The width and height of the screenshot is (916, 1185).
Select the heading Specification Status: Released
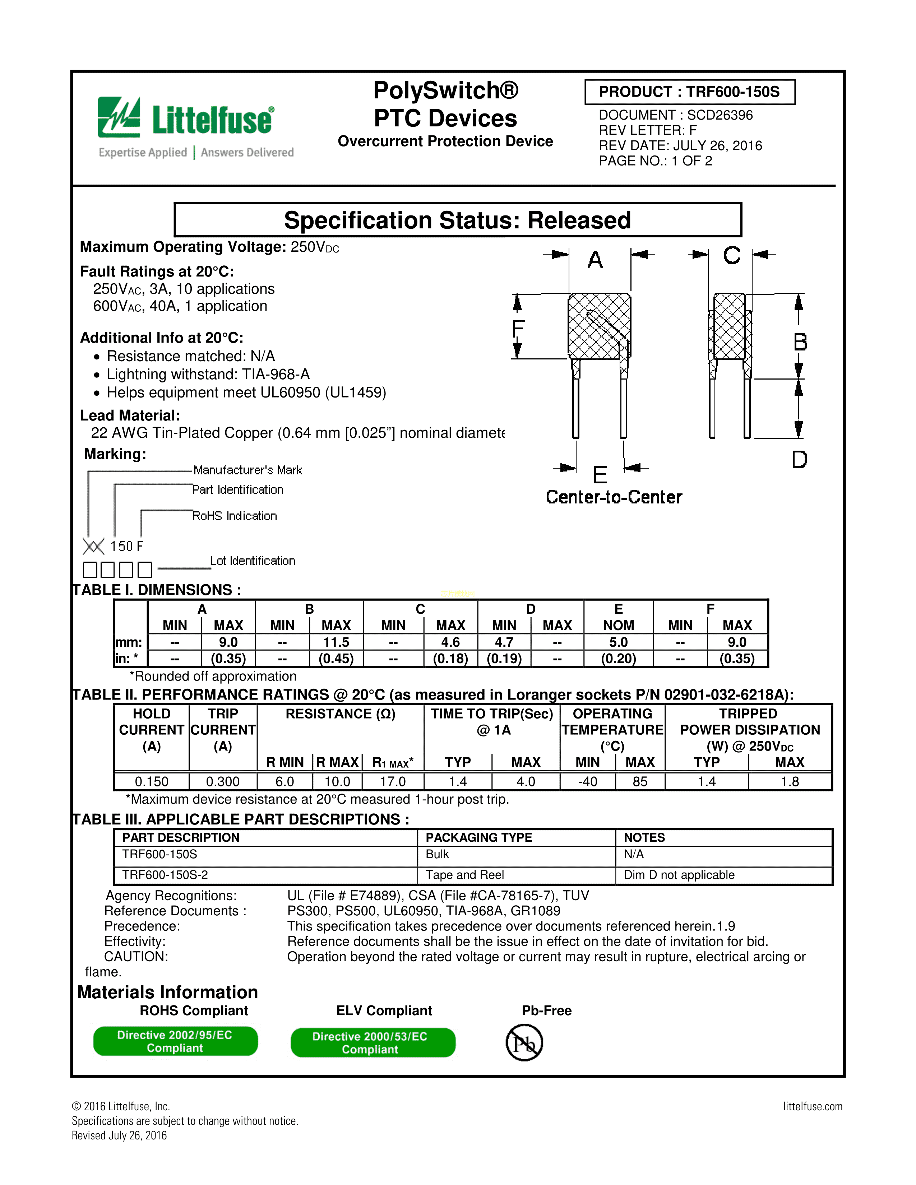[x=457, y=220]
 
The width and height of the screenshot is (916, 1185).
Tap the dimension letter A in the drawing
[x=595, y=260]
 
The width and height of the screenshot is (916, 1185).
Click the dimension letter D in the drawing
[x=799, y=460]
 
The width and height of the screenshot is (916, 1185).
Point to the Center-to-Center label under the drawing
[x=614, y=497]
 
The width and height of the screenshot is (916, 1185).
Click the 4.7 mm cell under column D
[x=504, y=642]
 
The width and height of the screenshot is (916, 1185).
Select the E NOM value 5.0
[x=618, y=642]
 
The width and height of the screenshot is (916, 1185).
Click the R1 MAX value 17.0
[x=393, y=782]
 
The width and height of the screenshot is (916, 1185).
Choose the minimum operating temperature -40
[x=587, y=782]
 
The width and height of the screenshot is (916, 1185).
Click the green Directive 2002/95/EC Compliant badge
[x=175, y=1041]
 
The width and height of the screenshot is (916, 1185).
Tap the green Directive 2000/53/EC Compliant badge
[x=373, y=1043]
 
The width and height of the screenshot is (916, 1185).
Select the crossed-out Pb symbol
[x=524, y=1043]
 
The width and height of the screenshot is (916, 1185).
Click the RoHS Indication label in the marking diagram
[x=235, y=516]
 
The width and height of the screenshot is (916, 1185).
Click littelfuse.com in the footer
[x=812, y=1106]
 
